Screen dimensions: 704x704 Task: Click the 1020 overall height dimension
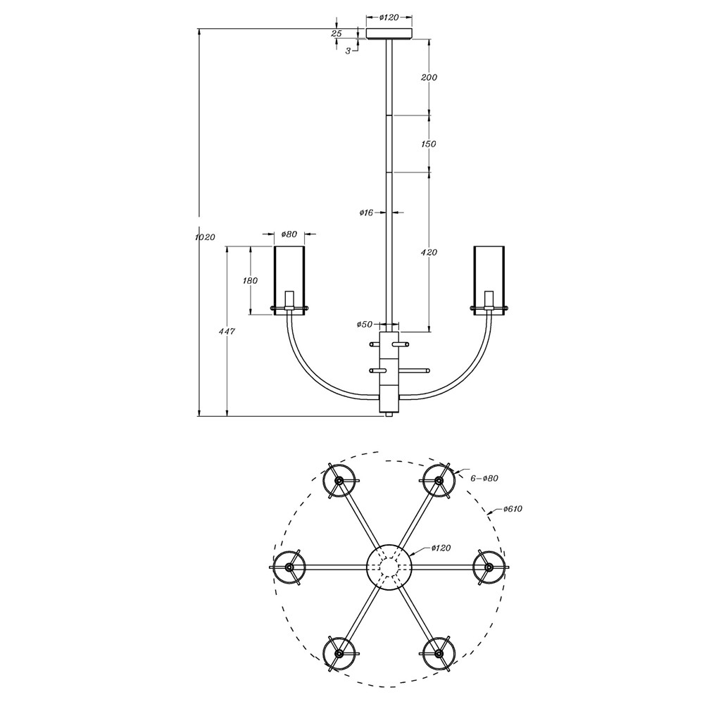[x=205, y=237]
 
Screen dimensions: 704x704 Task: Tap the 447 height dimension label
[x=227, y=332]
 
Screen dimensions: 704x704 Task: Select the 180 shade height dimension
[x=250, y=281]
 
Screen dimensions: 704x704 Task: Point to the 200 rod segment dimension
[x=429, y=77]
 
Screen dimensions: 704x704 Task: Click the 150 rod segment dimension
[x=429, y=144]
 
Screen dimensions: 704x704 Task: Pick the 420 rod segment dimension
[x=429, y=252]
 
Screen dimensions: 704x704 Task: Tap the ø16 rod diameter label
[x=366, y=213]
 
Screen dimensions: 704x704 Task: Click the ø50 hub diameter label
[x=365, y=324]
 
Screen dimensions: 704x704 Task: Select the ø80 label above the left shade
[x=289, y=234]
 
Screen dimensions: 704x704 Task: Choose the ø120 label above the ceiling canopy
[x=389, y=18]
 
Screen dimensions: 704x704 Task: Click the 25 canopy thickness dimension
[x=337, y=33]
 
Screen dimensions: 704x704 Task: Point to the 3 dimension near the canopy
[x=348, y=51]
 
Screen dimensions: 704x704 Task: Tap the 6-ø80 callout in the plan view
[x=484, y=478]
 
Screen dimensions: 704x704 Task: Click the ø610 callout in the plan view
[x=513, y=509]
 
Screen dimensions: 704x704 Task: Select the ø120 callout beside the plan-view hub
[x=441, y=548]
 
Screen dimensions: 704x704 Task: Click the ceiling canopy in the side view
[x=389, y=34]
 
